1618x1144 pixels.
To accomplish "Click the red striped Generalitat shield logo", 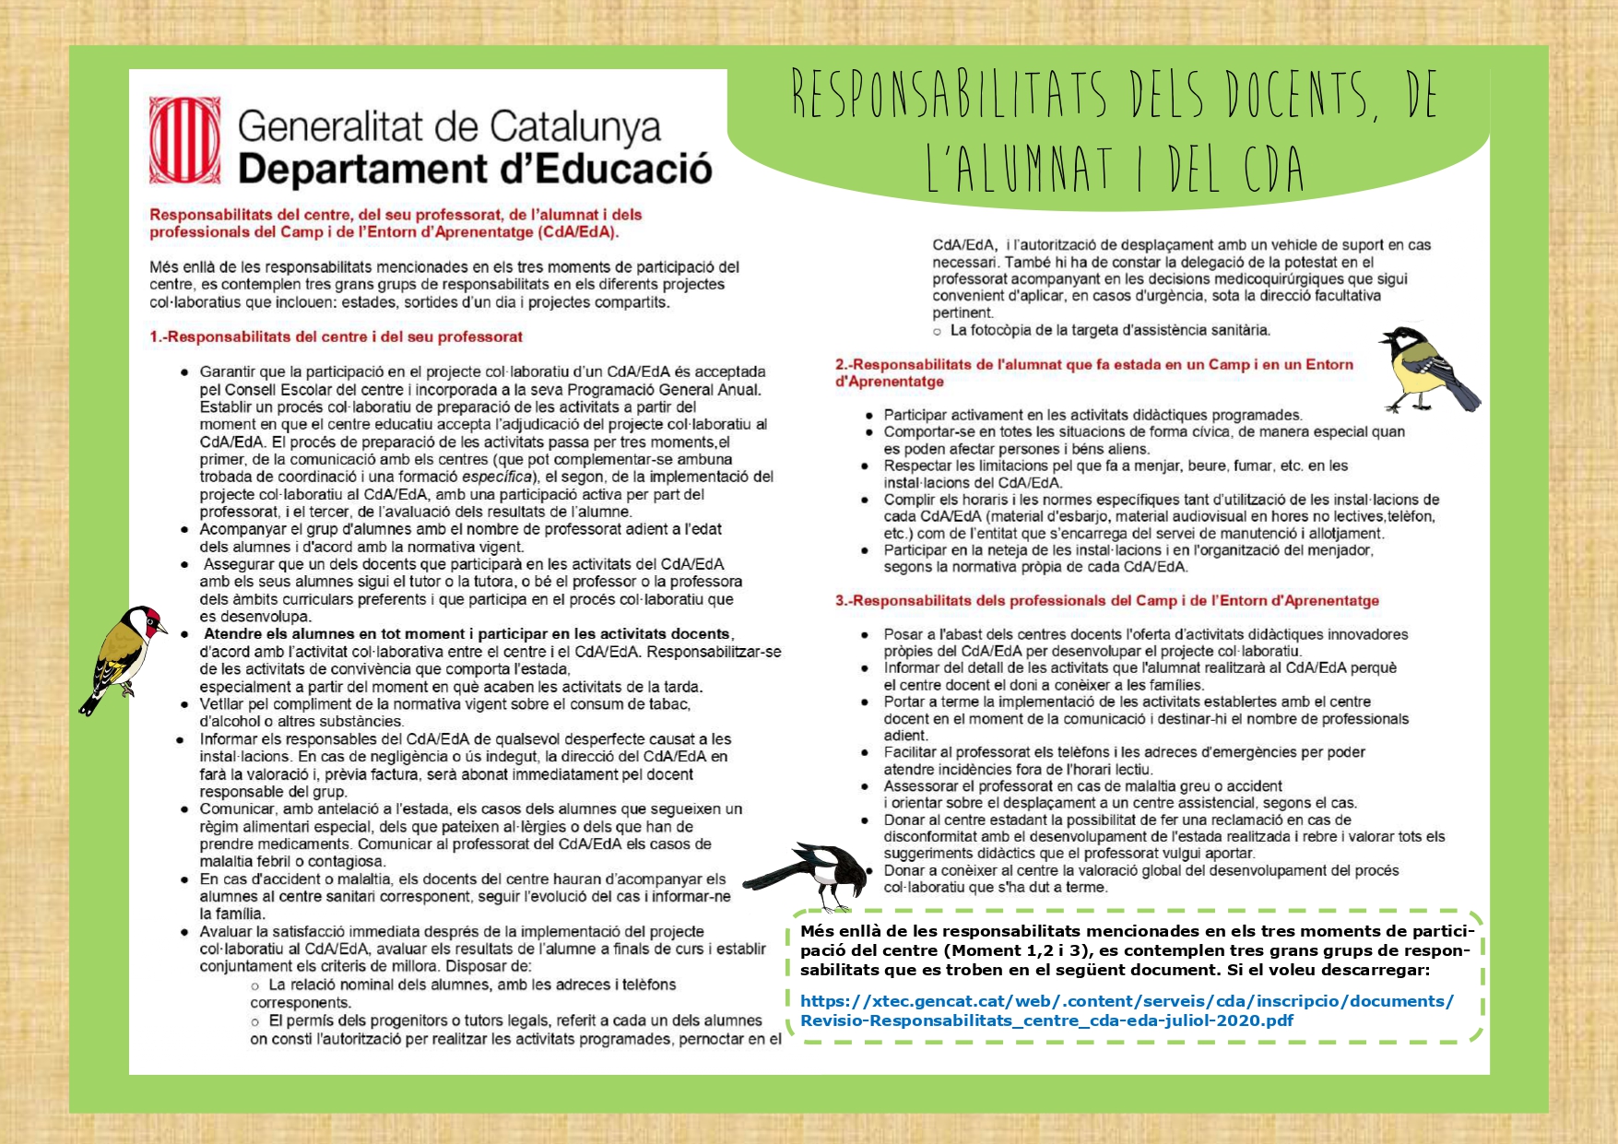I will coord(185,140).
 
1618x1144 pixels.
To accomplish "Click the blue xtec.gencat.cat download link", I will coord(1127,1010).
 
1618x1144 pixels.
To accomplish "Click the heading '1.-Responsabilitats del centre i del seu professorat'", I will coord(336,337).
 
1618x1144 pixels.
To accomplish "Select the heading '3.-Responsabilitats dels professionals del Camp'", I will coord(1106,601).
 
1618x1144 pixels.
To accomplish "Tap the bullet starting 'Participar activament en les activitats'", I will coord(1092,415).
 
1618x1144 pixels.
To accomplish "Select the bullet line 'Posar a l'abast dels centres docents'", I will coord(1145,634).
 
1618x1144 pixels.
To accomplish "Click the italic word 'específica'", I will coord(497,477).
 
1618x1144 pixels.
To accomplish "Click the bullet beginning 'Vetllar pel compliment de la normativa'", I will coord(444,704).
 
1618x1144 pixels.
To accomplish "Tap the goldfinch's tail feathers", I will coord(92,703).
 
